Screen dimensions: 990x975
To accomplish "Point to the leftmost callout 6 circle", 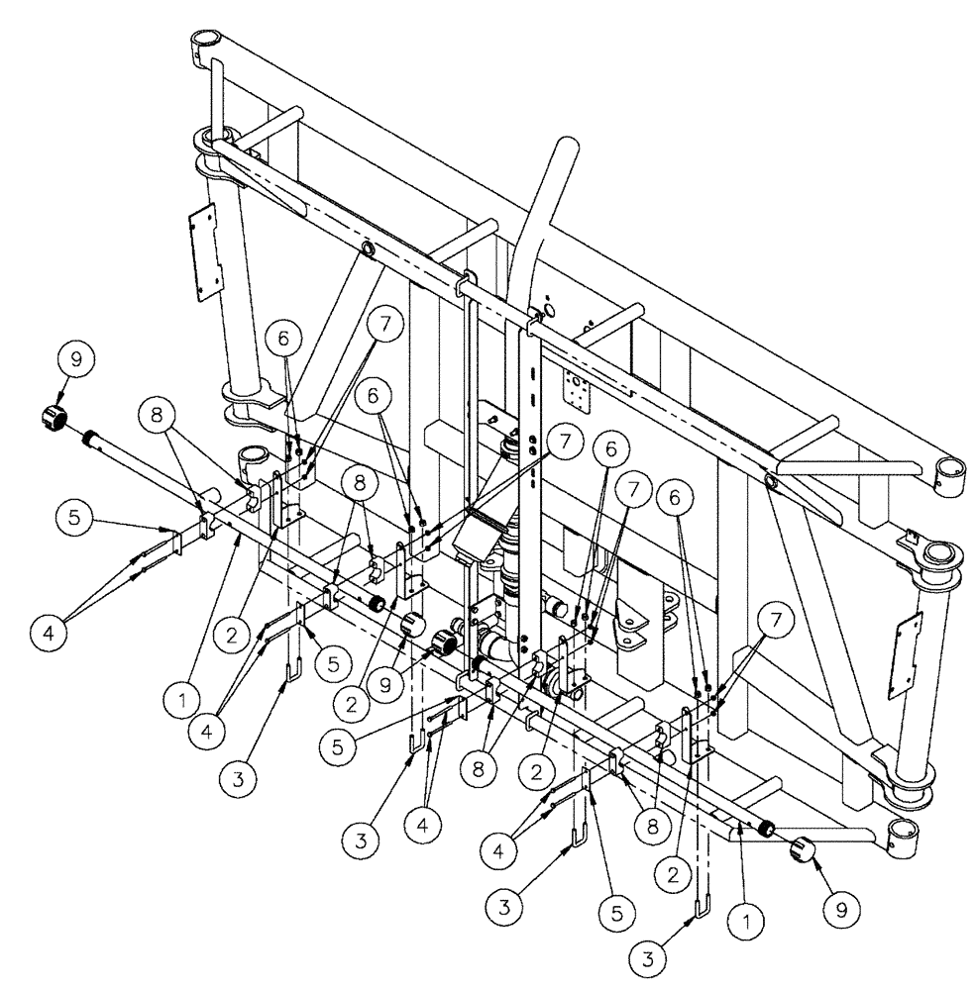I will coord(284,339).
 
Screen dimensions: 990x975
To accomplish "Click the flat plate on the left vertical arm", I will coord(202,250).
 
